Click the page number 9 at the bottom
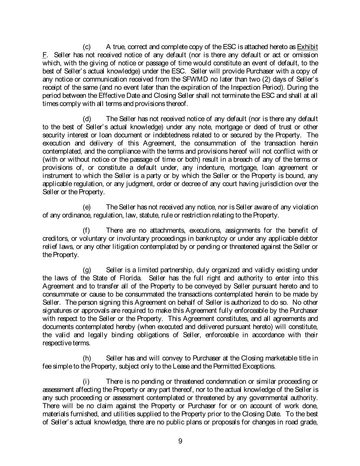[x=180, y=441]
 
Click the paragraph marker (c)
[x=87, y=47]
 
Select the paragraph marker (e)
[x=87, y=207]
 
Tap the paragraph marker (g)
[x=87, y=270]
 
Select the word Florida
[x=123, y=278]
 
